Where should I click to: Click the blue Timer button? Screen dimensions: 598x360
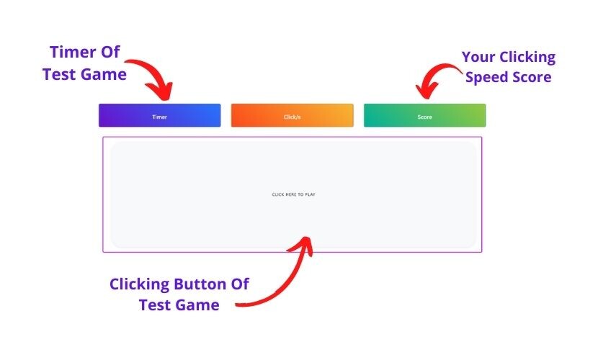click(x=159, y=115)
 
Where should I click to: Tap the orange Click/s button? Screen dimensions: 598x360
click(x=292, y=115)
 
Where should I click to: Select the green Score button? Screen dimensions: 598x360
click(x=424, y=115)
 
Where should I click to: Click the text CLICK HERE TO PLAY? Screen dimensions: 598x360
click(x=294, y=194)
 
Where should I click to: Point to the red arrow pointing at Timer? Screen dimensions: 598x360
click(x=156, y=73)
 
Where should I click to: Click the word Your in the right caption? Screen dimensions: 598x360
click(x=478, y=57)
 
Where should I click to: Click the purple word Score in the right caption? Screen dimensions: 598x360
click(x=532, y=77)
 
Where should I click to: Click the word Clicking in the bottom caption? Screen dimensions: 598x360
click(x=140, y=285)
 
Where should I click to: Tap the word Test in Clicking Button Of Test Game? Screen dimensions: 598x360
click(x=154, y=305)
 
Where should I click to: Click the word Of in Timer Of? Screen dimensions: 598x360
click(x=110, y=52)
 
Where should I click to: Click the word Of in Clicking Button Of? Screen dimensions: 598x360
click(x=240, y=284)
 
